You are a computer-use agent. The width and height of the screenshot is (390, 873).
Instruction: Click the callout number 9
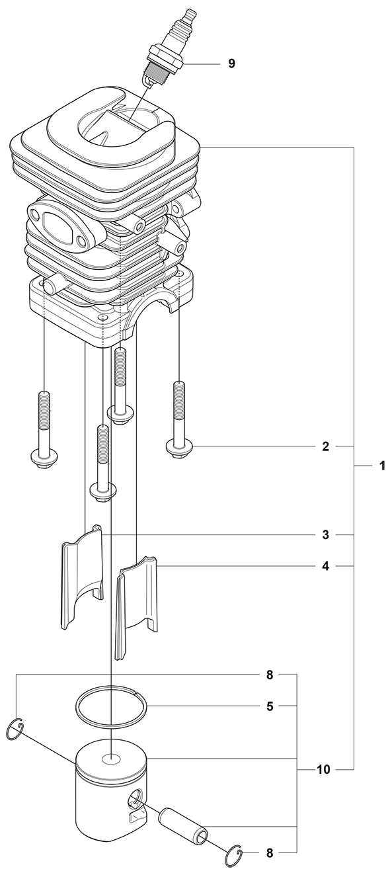[231, 63]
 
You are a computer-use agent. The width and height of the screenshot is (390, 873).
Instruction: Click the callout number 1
[382, 466]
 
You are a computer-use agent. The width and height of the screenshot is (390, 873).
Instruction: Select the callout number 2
[325, 446]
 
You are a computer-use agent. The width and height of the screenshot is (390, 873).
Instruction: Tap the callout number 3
[325, 534]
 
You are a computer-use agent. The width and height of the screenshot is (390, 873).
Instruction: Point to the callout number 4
[325, 565]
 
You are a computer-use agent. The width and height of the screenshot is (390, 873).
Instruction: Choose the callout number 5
[270, 706]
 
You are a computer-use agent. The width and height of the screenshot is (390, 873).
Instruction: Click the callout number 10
[323, 769]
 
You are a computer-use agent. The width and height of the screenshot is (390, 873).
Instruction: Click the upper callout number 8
[270, 675]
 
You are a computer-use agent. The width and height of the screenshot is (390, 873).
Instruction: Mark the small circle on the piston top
[110, 759]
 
